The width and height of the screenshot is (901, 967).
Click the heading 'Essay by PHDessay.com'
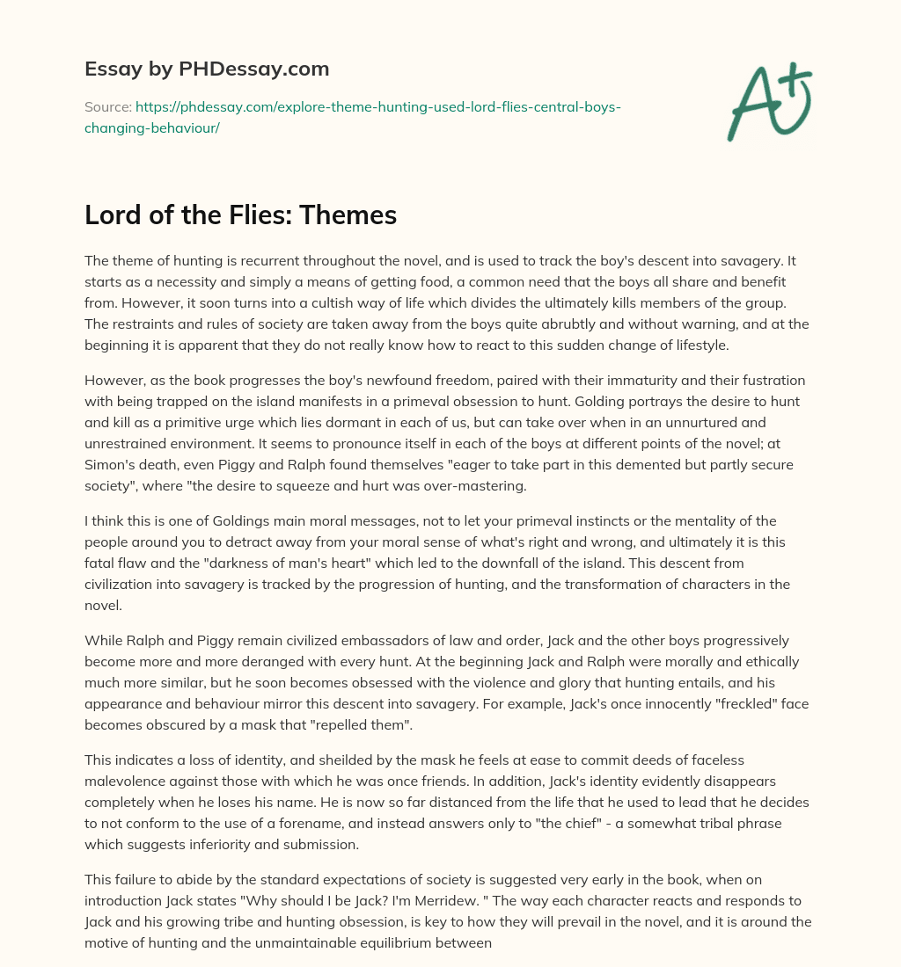tap(207, 68)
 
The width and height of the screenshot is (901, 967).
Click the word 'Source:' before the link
tap(107, 106)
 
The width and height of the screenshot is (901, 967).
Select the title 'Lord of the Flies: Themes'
tap(240, 214)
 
